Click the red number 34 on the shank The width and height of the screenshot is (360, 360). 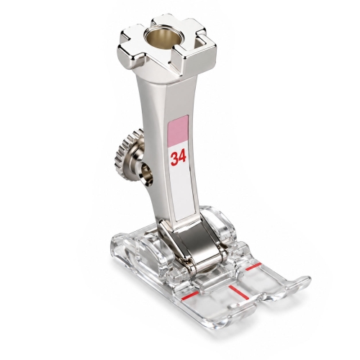[x=178, y=158]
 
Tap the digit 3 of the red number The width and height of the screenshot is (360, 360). [x=174, y=159]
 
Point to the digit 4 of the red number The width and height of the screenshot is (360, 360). [x=182, y=158]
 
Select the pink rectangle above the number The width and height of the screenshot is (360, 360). [x=179, y=130]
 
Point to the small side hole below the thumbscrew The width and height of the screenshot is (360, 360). [x=146, y=175]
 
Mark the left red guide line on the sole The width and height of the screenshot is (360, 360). [x=190, y=296]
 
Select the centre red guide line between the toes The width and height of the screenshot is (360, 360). [x=238, y=292]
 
